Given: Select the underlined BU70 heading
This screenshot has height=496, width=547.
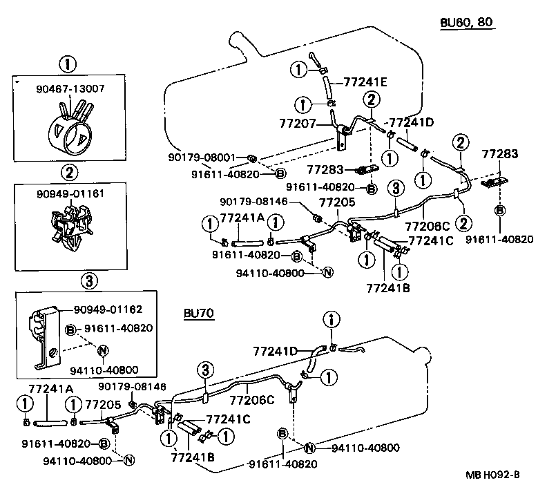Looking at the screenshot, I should pyautogui.click(x=198, y=313).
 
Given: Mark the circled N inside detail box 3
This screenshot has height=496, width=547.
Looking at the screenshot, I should pyautogui.click(x=103, y=350).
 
